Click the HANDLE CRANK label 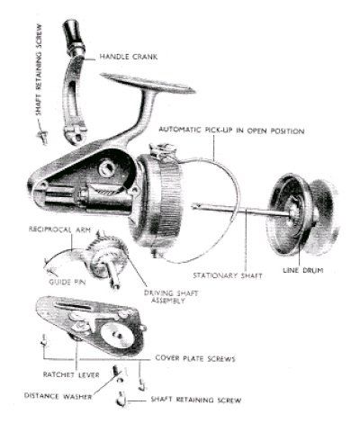129,57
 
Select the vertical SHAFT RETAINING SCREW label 39,69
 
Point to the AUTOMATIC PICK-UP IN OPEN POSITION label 231,130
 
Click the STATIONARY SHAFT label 228,275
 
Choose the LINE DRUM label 303,270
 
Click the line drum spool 301,213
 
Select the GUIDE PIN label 67,282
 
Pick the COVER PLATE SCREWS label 195,358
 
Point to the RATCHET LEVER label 71,374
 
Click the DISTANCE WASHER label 58,396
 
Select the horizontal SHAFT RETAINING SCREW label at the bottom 196,400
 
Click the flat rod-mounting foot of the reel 148,83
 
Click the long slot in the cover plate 73,306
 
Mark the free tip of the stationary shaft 193,206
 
